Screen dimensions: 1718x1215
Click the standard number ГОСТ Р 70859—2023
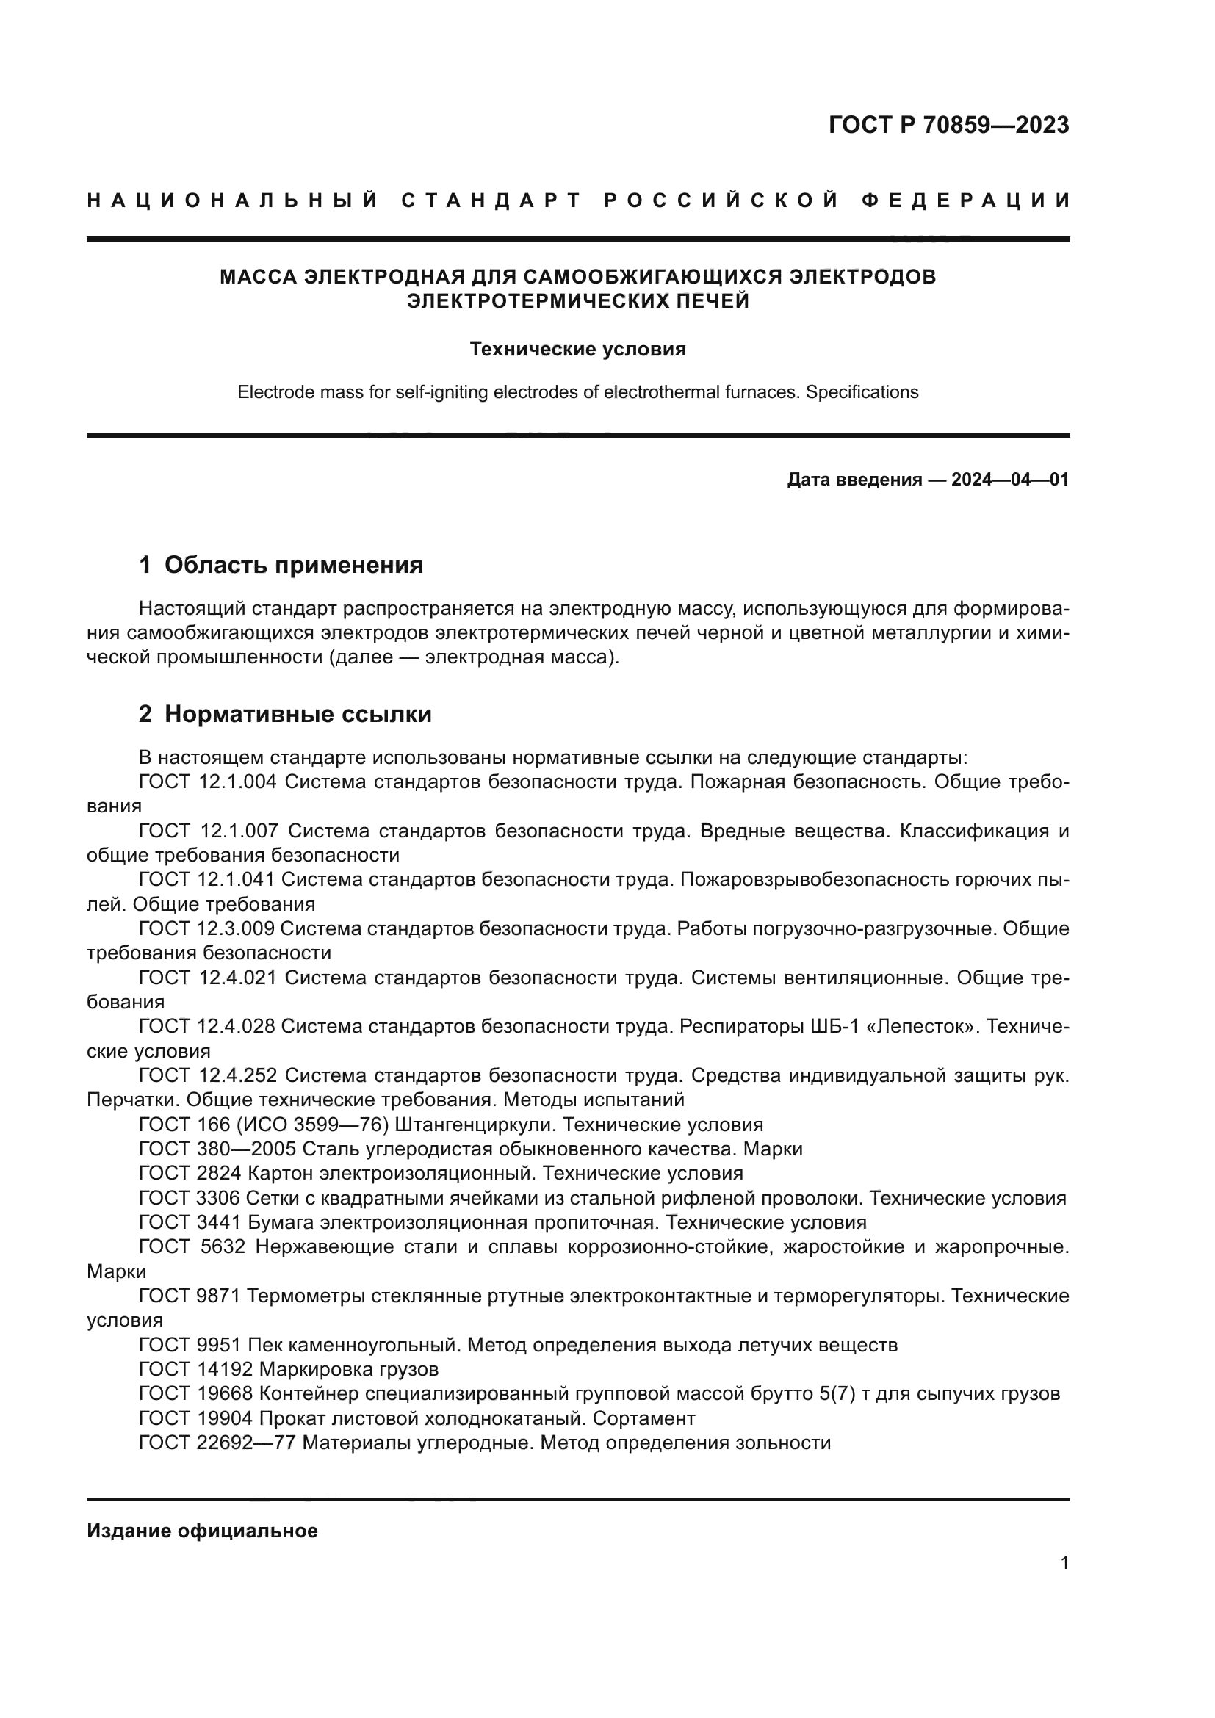[x=948, y=125]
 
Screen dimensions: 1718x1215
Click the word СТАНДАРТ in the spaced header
[x=491, y=201]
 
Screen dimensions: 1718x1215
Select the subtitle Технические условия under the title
[x=577, y=350]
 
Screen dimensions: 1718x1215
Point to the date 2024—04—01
[x=1010, y=480]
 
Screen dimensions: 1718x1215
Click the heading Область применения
[x=293, y=565]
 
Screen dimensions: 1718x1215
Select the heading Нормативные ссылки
[x=298, y=714]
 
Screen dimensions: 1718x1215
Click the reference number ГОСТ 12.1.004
[x=208, y=782]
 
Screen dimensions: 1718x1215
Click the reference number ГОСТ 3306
[x=190, y=1198]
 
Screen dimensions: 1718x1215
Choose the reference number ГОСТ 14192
[x=196, y=1369]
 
